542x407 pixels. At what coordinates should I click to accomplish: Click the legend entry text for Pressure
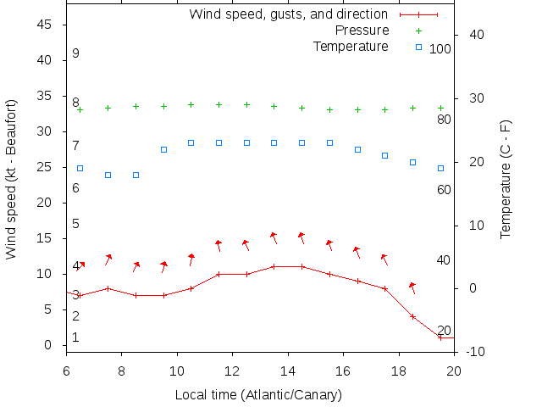point(361,31)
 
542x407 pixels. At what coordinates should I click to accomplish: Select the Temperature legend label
point(351,46)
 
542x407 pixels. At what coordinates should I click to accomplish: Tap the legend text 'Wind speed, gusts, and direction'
point(288,14)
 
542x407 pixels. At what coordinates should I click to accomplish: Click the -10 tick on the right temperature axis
point(475,352)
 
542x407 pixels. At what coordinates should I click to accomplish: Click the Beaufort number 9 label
point(75,53)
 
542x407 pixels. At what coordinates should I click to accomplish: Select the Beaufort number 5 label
point(75,224)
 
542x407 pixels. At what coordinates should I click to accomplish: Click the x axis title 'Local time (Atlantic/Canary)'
point(258,394)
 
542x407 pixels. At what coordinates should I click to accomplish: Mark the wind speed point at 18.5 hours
point(412,316)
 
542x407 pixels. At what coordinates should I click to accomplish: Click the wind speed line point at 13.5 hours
point(274,266)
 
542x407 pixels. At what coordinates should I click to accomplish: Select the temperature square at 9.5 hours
point(163,149)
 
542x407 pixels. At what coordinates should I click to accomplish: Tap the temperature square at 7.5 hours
point(108,175)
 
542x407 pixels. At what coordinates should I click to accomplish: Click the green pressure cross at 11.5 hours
point(218,104)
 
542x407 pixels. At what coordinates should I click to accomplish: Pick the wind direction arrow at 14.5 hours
point(301,238)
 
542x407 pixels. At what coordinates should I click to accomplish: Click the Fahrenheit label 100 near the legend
point(440,49)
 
